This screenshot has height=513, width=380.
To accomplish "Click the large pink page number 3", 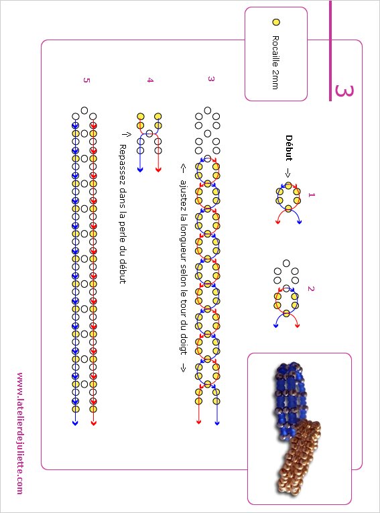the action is click(x=344, y=91).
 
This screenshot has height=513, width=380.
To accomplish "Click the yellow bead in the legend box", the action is click(x=276, y=22).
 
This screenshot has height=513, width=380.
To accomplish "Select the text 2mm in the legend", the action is click(x=275, y=80).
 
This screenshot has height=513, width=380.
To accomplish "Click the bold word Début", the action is click(x=288, y=148).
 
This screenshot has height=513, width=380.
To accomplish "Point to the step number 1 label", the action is click(x=311, y=194).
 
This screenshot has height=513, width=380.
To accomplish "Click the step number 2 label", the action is click(x=311, y=288).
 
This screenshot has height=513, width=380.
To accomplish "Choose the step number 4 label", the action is click(x=149, y=80).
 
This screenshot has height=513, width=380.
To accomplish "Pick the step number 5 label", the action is click(x=86, y=80).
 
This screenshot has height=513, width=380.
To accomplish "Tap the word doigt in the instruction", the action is click(x=184, y=343).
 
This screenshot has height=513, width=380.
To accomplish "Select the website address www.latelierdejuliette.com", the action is click(x=20, y=433).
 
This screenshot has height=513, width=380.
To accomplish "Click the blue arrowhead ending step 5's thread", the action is click(x=75, y=423).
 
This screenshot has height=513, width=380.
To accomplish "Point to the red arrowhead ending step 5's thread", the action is click(x=94, y=423).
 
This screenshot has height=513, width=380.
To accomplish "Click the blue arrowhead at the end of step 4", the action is click(x=140, y=170).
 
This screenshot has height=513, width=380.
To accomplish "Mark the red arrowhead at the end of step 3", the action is click(x=198, y=422).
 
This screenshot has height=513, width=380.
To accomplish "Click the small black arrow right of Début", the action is click(x=288, y=172).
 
